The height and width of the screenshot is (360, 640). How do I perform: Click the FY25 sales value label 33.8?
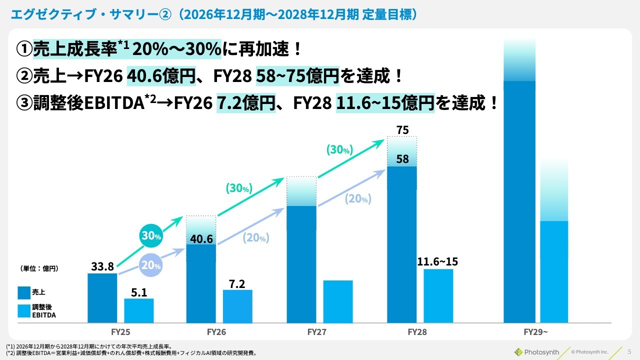(x=102, y=266)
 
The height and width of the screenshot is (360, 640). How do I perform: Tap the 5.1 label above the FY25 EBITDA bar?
(x=139, y=292)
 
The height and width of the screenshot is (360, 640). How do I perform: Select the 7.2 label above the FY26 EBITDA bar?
(x=237, y=283)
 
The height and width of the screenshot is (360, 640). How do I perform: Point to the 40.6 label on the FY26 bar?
(x=201, y=239)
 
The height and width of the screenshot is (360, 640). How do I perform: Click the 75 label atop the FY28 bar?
(x=402, y=130)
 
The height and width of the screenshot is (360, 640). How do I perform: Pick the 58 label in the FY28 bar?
(x=402, y=159)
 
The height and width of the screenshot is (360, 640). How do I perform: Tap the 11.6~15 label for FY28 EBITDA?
(x=437, y=261)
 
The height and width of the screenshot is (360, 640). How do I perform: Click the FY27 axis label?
(x=317, y=331)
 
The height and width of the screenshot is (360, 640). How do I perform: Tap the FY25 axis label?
(x=121, y=331)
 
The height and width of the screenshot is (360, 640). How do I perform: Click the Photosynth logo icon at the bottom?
(x=518, y=351)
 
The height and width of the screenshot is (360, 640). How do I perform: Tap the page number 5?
(x=629, y=351)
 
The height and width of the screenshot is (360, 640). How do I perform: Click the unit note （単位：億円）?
(x=39, y=268)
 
